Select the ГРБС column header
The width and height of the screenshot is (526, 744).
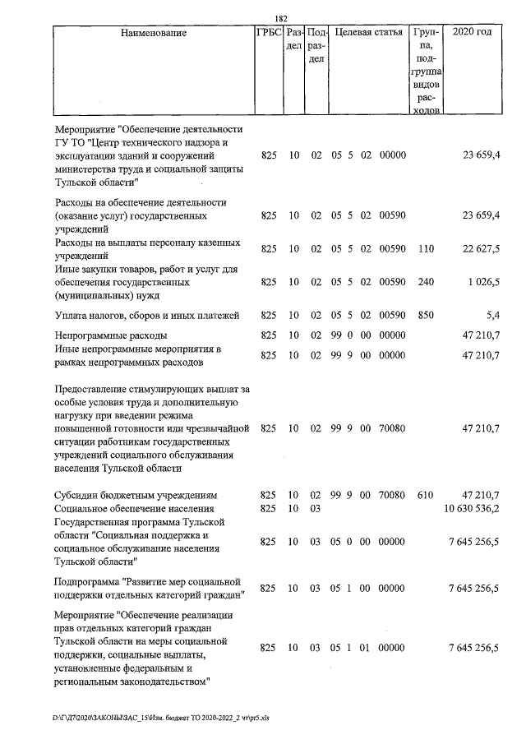269,33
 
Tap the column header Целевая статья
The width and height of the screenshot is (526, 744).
367,33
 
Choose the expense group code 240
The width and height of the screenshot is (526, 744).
425,282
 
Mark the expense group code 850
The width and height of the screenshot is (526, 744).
425,315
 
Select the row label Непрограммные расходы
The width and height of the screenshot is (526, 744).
111,335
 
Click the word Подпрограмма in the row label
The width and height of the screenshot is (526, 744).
89,582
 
